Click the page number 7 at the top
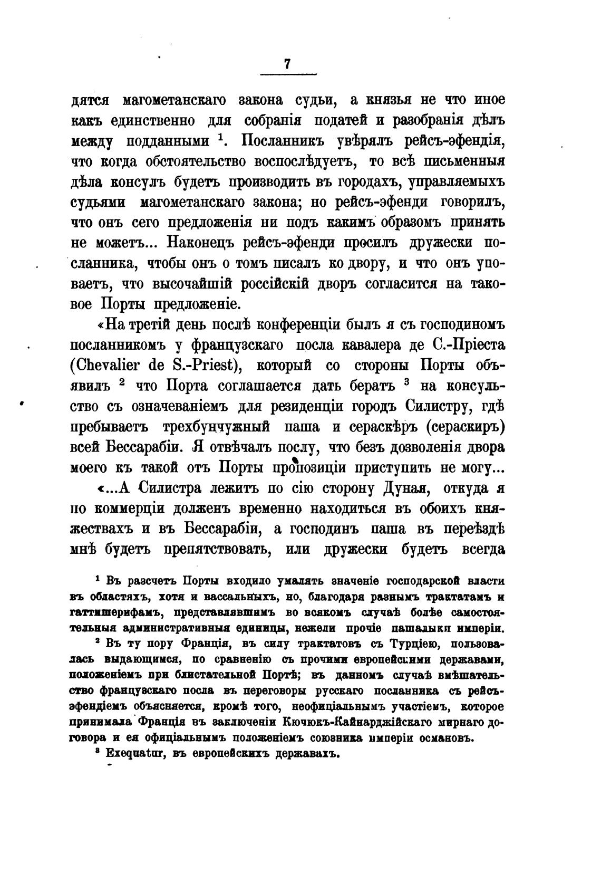pyautogui.click(x=287, y=63)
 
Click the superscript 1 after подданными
pyautogui.click(x=220, y=137)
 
